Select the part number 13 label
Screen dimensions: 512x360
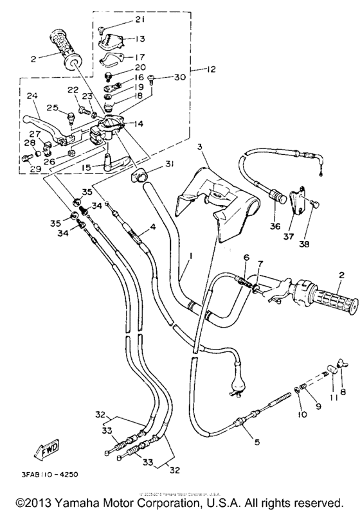click(x=140, y=39)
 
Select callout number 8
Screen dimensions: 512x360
click(x=342, y=391)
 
